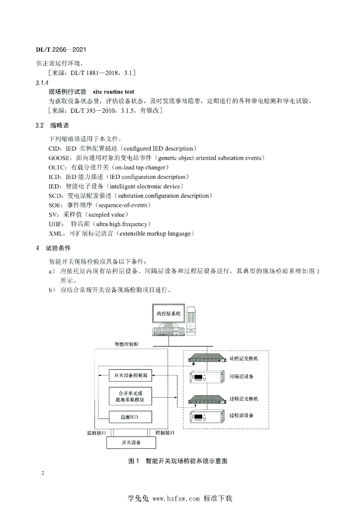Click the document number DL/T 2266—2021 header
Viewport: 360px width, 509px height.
[63, 51]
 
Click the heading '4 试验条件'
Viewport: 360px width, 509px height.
[53, 248]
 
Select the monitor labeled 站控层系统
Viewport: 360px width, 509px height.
[170, 314]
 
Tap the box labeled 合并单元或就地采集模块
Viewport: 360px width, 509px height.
[130, 396]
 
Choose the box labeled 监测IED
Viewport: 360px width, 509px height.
[130, 417]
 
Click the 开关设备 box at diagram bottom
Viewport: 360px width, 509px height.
[131, 442]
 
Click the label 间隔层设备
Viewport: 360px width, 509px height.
[242, 377]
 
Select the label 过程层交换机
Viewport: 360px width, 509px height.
[244, 399]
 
